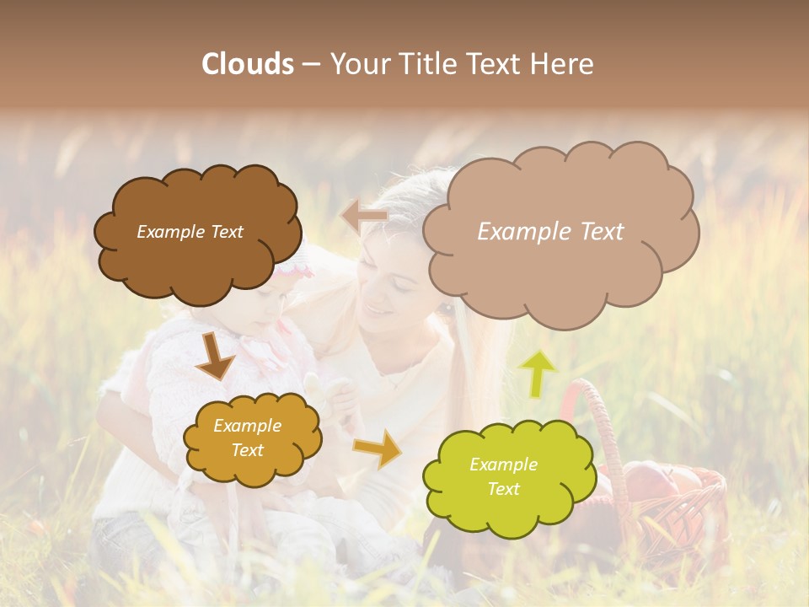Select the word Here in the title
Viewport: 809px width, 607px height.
563,64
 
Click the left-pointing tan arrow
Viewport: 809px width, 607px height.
364,217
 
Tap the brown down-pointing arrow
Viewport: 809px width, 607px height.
214,358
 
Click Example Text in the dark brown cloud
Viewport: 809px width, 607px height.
190,232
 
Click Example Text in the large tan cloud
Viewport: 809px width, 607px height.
550,232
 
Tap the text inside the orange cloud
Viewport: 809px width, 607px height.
248,438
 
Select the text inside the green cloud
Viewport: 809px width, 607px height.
503,476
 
